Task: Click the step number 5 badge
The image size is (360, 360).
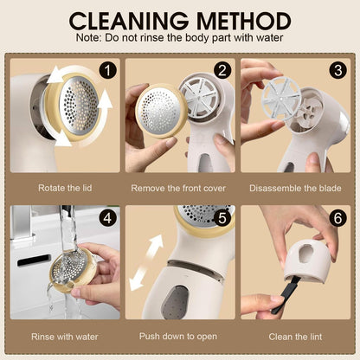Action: [222, 218]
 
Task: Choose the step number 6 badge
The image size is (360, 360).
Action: [337, 218]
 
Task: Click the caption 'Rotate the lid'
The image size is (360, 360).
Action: [65, 187]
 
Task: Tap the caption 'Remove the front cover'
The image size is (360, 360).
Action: [180, 187]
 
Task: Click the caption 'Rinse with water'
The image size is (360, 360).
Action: [65, 336]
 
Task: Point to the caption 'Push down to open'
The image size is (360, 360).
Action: [180, 336]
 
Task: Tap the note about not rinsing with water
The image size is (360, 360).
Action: [180, 39]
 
